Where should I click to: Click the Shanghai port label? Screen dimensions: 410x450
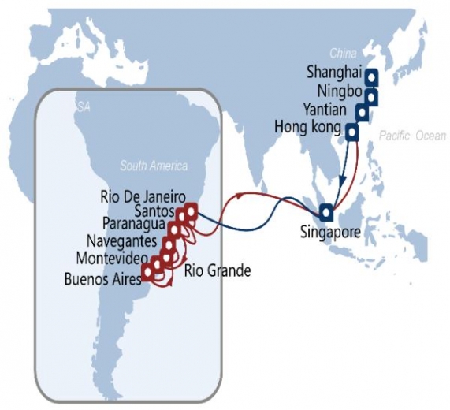pyautogui.click(x=333, y=73)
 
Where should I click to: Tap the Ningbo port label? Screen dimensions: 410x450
pyautogui.click(x=337, y=91)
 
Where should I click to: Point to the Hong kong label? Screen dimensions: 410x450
pyautogui.click(x=308, y=127)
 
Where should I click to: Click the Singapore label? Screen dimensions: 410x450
pyautogui.click(x=330, y=233)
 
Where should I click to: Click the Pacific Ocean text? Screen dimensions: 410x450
pyautogui.click(x=411, y=136)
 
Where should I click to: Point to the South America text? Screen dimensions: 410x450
pyautogui.click(x=154, y=166)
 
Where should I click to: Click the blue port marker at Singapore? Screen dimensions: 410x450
pyautogui.click(x=325, y=212)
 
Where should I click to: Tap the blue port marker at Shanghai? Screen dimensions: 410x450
pyautogui.click(x=369, y=77)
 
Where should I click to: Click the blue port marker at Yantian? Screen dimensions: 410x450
pyautogui.click(x=361, y=113)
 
